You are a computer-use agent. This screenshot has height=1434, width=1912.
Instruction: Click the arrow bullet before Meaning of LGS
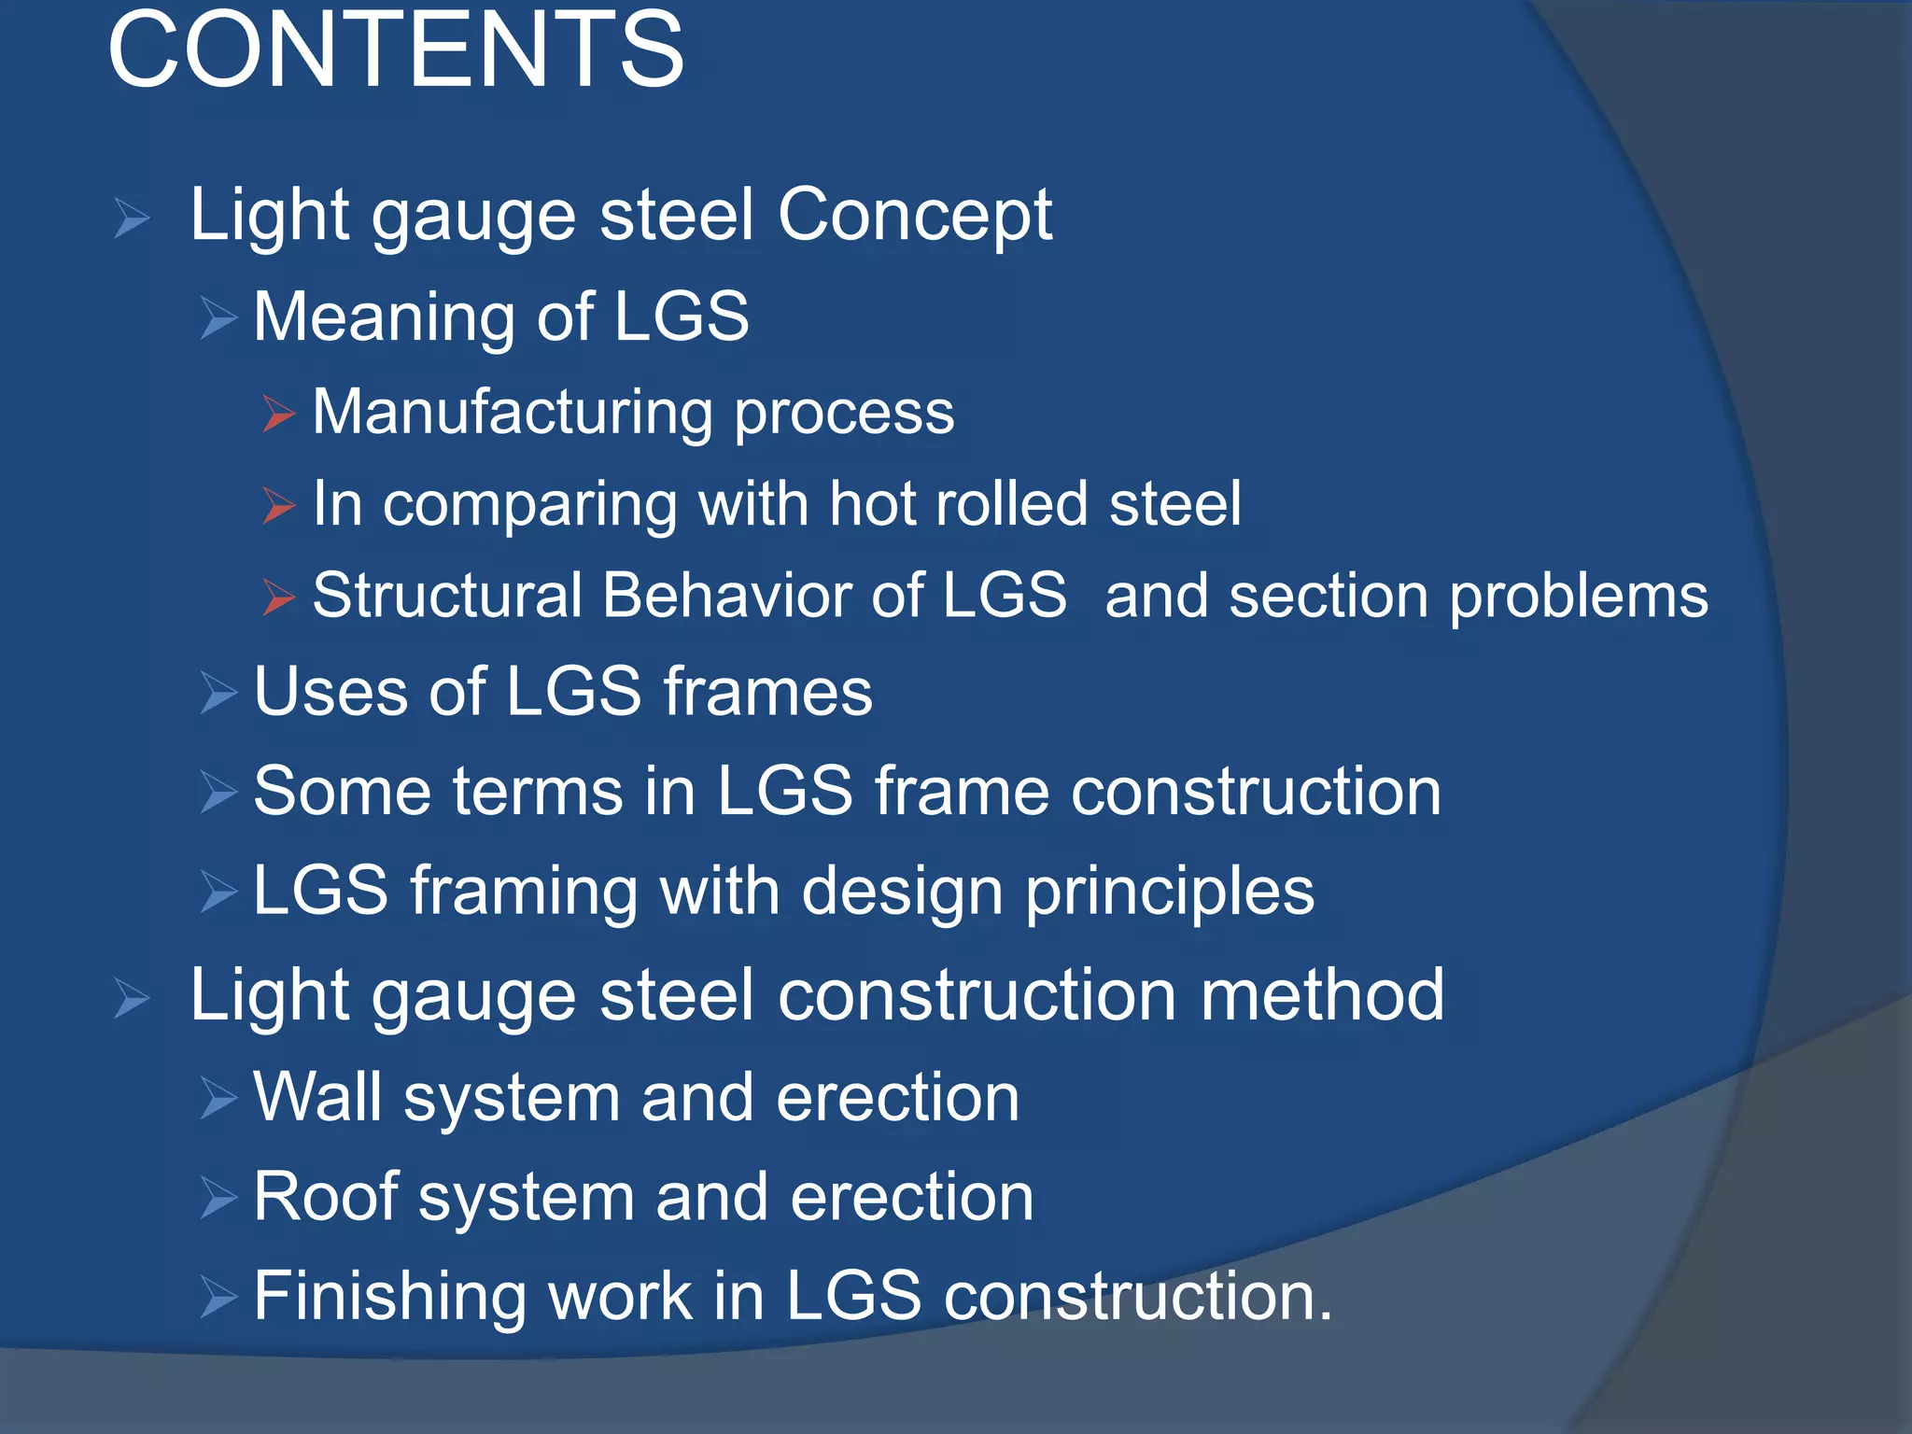[x=219, y=318]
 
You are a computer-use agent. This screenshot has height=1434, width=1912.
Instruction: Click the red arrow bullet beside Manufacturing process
[x=278, y=414]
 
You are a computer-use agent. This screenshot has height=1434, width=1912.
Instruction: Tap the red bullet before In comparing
[x=278, y=505]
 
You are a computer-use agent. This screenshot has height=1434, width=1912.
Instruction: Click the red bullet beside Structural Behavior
[x=278, y=597]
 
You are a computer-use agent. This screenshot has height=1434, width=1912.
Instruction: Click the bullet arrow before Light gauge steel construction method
[x=132, y=999]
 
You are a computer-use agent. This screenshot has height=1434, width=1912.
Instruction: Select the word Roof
[x=325, y=1198]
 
